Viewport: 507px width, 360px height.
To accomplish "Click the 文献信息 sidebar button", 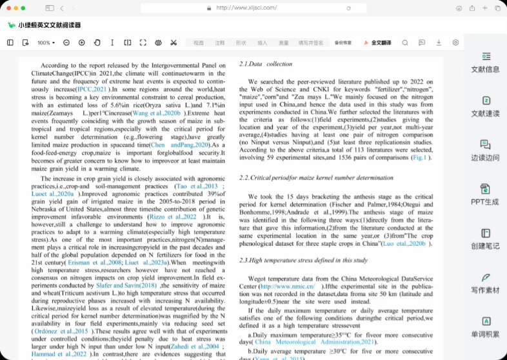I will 485,62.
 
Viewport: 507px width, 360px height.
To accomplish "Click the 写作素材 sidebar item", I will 485,283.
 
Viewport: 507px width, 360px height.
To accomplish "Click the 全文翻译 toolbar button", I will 378,43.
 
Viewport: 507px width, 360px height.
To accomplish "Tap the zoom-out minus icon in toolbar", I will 66,43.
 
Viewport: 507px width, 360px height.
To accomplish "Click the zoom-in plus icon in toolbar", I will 82,43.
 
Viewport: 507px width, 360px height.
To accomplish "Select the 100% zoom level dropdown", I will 45,43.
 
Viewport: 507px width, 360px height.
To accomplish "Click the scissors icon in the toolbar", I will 174,43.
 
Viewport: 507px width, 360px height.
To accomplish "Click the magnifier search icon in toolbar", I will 405,43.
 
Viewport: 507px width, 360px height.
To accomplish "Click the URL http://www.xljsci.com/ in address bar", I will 246,8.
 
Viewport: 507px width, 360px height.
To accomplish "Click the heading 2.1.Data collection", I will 266,64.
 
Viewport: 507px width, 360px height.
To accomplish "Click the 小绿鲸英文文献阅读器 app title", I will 50,25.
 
